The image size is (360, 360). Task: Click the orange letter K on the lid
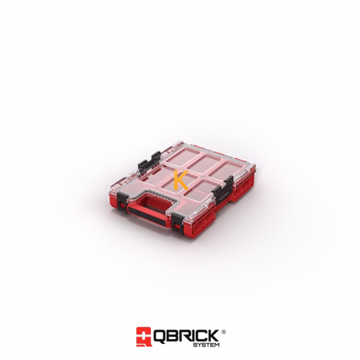[x=180, y=181]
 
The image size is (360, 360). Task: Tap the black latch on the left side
[x=149, y=162]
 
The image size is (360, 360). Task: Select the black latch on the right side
[x=223, y=189]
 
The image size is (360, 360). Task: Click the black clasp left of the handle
[x=122, y=202]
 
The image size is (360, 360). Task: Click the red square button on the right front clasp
[x=177, y=227]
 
